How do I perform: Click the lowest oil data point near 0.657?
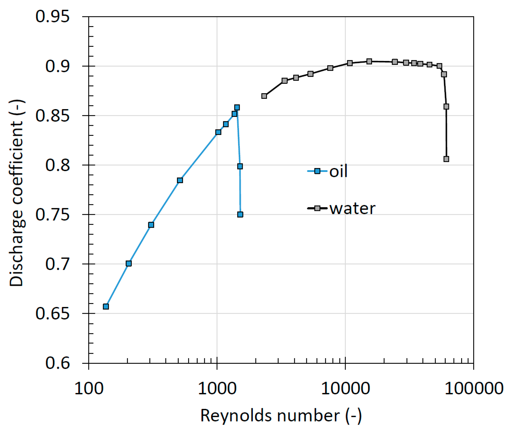106,306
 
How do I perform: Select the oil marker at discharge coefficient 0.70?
128,264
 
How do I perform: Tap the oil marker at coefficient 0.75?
240,214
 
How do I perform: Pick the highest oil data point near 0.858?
237,107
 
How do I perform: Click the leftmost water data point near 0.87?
264,96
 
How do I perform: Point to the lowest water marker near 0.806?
446,159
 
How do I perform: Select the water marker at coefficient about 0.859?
446,107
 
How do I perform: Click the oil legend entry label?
338,171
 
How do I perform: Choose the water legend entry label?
352,208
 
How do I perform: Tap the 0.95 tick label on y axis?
52,16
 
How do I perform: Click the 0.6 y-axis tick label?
57,363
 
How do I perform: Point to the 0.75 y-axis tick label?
52,215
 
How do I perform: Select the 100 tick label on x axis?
89,389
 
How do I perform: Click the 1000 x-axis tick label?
217,389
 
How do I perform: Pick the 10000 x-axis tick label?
345,389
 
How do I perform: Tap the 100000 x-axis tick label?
473,389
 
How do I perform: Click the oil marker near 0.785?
180,180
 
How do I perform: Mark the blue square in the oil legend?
317,171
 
